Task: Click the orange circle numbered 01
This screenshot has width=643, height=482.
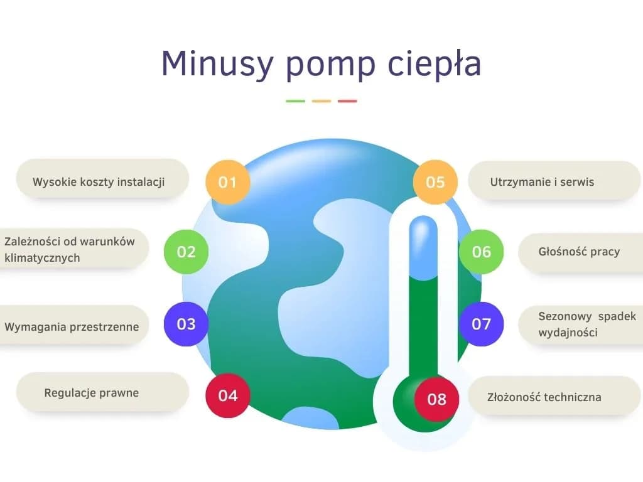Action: click(x=228, y=183)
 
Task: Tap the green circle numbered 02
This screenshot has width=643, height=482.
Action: click(x=186, y=252)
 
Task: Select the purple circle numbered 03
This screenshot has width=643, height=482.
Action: click(x=186, y=324)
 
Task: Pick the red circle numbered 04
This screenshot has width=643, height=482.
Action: click(x=228, y=395)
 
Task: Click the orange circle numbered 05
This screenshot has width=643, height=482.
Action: click(x=435, y=182)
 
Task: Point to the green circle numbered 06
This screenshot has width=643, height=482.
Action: click(x=482, y=252)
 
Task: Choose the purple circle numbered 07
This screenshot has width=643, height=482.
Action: click(x=482, y=324)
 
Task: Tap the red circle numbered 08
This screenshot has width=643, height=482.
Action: click(x=436, y=399)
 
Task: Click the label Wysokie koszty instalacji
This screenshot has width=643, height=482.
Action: click(x=99, y=182)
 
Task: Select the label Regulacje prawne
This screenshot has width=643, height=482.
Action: click(x=92, y=393)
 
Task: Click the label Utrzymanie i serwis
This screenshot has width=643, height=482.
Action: click(x=542, y=182)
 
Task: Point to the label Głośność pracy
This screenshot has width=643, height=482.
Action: click(x=579, y=252)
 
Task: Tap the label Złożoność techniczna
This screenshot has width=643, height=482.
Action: click(x=544, y=397)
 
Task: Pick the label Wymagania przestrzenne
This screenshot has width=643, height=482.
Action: click(x=72, y=326)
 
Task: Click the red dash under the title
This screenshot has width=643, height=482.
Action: click(x=347, y=101)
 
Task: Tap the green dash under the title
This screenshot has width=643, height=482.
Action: click(x=295, y=101)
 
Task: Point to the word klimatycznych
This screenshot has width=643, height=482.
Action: click(x=42, y=258)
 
